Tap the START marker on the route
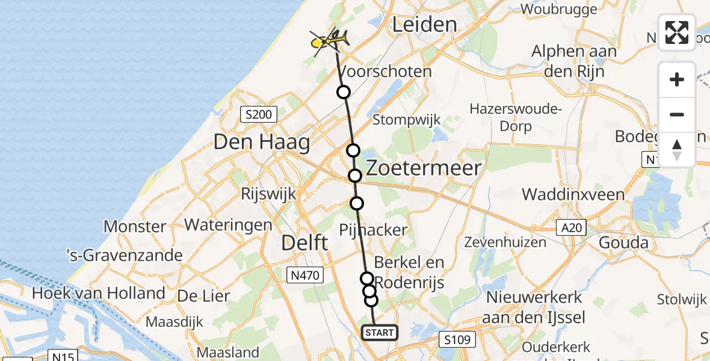pos(379,333)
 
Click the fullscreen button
pos(677,32)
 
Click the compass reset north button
pos(677,150)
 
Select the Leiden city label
pos(424,24)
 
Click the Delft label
pos(306,244)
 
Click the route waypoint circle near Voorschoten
pos(343,92)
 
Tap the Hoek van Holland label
pos(99,294)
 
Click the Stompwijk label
pos(407,119)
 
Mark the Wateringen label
pos(228,224)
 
